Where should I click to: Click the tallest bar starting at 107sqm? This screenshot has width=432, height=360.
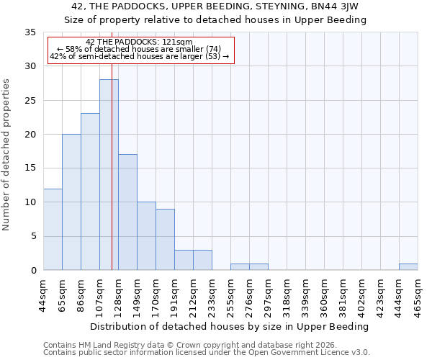click(x=109, y=175)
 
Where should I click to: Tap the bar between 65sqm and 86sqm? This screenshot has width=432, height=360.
click(x=71, y=202)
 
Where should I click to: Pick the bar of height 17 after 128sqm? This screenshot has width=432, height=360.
click(x=127, y=212)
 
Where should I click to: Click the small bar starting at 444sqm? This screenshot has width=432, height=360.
click(x=408, y=266)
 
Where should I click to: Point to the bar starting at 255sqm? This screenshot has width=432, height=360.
click(x=240, y=266)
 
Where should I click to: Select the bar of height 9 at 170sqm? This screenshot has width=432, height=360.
click(x=165, y=239)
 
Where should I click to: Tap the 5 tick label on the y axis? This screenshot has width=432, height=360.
click(x=33, y=236)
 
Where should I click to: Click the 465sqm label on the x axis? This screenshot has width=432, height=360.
click(x=418, y=295)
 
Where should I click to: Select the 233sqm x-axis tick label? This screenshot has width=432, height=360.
click(x=212, y=295)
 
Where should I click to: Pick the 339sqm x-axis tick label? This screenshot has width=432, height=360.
click(x=306, y=295)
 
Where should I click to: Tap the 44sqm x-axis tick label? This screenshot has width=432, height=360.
click(x=44, y=295)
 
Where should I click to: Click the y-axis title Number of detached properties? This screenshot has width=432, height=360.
click(x=7, y=155)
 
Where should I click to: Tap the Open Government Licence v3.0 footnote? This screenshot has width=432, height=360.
click(x=207, y=352)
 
